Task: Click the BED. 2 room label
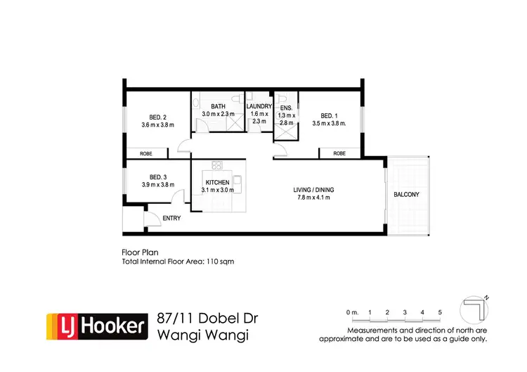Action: click(x=157, y=117)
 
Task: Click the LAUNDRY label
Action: click(x=259, y=106)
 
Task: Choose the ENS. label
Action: click(x=287, y=107)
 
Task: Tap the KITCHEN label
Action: click(x=217, y=182)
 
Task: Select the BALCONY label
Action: click(x=407, y=193)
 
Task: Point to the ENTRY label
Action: click(x=171, y=218)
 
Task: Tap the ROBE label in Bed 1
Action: click(x=339, y=153)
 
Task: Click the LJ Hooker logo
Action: click(x=97, y=326)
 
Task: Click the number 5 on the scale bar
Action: click(x=439, y=312)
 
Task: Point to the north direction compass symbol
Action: click(x=474, y=310)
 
